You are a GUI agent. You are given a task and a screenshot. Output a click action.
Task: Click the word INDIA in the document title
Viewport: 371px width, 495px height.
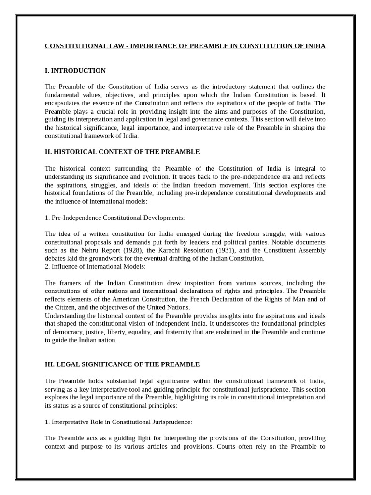click(x=315, y=46)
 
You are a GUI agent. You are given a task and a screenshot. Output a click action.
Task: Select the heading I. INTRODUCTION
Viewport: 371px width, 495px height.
click(x=75, y=71)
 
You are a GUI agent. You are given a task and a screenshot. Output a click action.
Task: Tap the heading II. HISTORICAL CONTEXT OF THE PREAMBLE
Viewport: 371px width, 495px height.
click(x=122, y=152)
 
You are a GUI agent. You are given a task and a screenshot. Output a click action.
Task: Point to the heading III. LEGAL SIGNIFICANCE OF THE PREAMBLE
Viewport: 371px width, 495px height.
click(x=122, y=364)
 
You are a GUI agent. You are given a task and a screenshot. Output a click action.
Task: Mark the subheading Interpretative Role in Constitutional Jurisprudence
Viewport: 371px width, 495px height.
click(x=121, y=422)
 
